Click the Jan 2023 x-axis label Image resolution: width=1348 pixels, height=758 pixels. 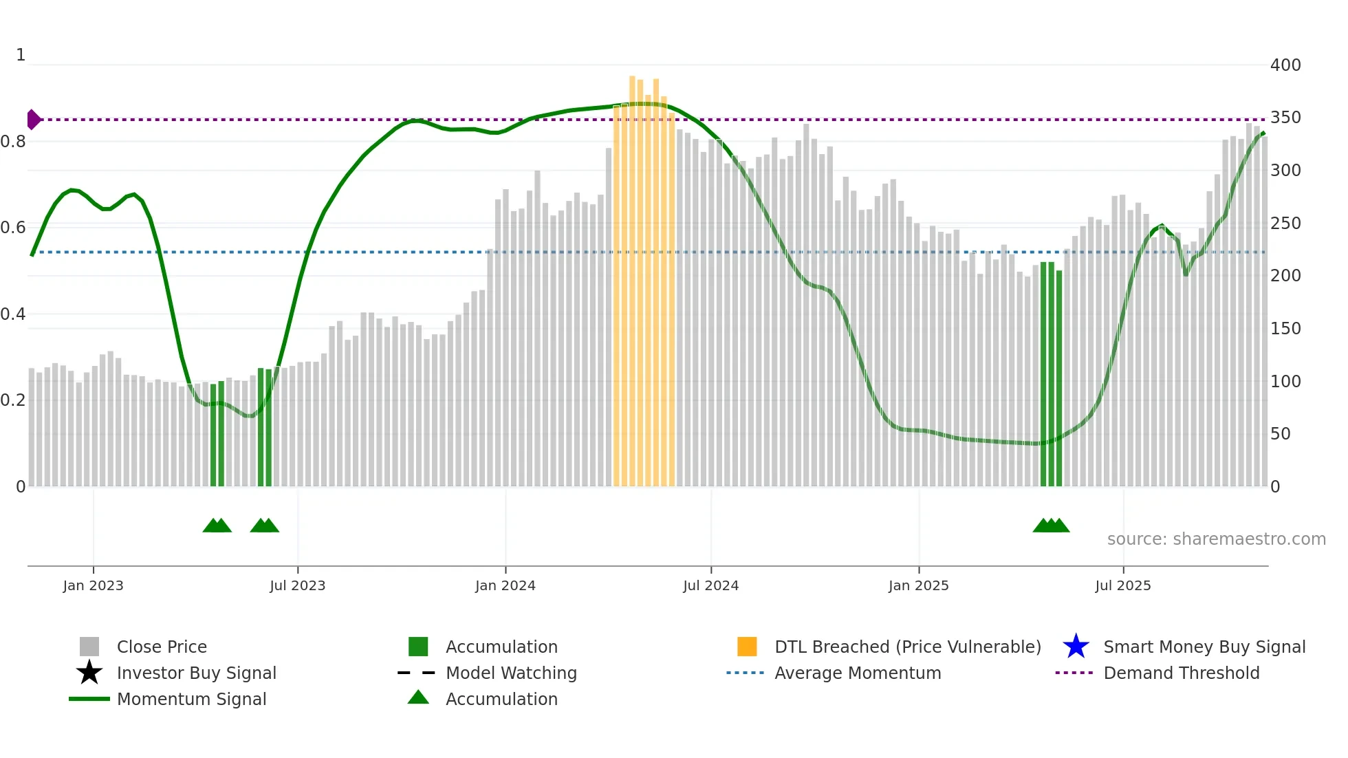tap(93, 585)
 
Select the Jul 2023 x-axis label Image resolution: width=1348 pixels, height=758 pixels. tap(297, 585)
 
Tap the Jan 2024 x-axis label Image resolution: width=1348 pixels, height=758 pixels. tap(505, 585)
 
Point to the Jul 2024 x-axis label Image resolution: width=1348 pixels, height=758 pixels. tap(710, 585)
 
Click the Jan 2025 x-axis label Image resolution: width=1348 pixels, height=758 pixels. tap(918, 585)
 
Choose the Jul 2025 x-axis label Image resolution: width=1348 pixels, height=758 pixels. tap(1122, 585)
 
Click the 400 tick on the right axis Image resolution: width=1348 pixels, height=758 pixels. tap(1285, 65)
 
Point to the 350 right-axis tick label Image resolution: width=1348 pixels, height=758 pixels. tap(1285, 118)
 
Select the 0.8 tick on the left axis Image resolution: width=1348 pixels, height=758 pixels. tap(14, 142)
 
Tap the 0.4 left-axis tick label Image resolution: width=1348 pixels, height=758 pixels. tap(14, 314)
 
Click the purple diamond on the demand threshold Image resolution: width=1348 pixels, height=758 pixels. tap(33, 120)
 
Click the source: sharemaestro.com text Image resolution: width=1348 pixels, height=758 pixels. tap(1216, 539)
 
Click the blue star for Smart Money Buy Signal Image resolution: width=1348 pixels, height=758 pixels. tap(1076, 647)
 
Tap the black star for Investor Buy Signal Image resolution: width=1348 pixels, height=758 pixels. tap(89, 673)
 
